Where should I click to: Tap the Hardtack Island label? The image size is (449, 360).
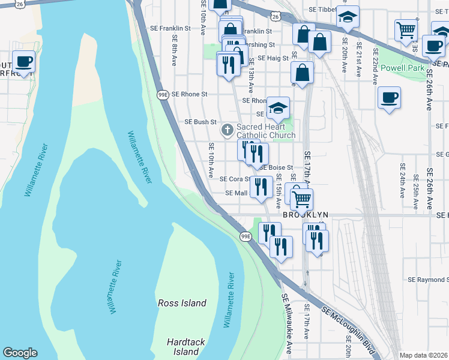pyautogui.click(x=185, y=347)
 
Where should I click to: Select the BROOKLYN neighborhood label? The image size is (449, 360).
pyautogui.click(x=306, y=214)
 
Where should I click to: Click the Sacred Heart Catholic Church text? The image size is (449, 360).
pyautogui.click(x=265, y=131)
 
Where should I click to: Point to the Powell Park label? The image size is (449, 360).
pyautogui.click(x=402, y=68)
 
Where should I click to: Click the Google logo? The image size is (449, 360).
pyautogui.click(x=20, y=353)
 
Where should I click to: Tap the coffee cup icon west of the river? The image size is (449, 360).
pyautogui.click(x=23, y=61)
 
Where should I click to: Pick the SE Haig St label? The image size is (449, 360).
pyautogui.click(x=274, y=58)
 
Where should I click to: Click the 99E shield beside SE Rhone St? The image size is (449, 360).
pyautogui.click(x=163, y=95)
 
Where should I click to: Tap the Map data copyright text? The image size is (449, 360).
pyautogui.click(x=424, y=355)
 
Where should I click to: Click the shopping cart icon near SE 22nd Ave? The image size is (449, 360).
pyautogui.click(x=406, y=29)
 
